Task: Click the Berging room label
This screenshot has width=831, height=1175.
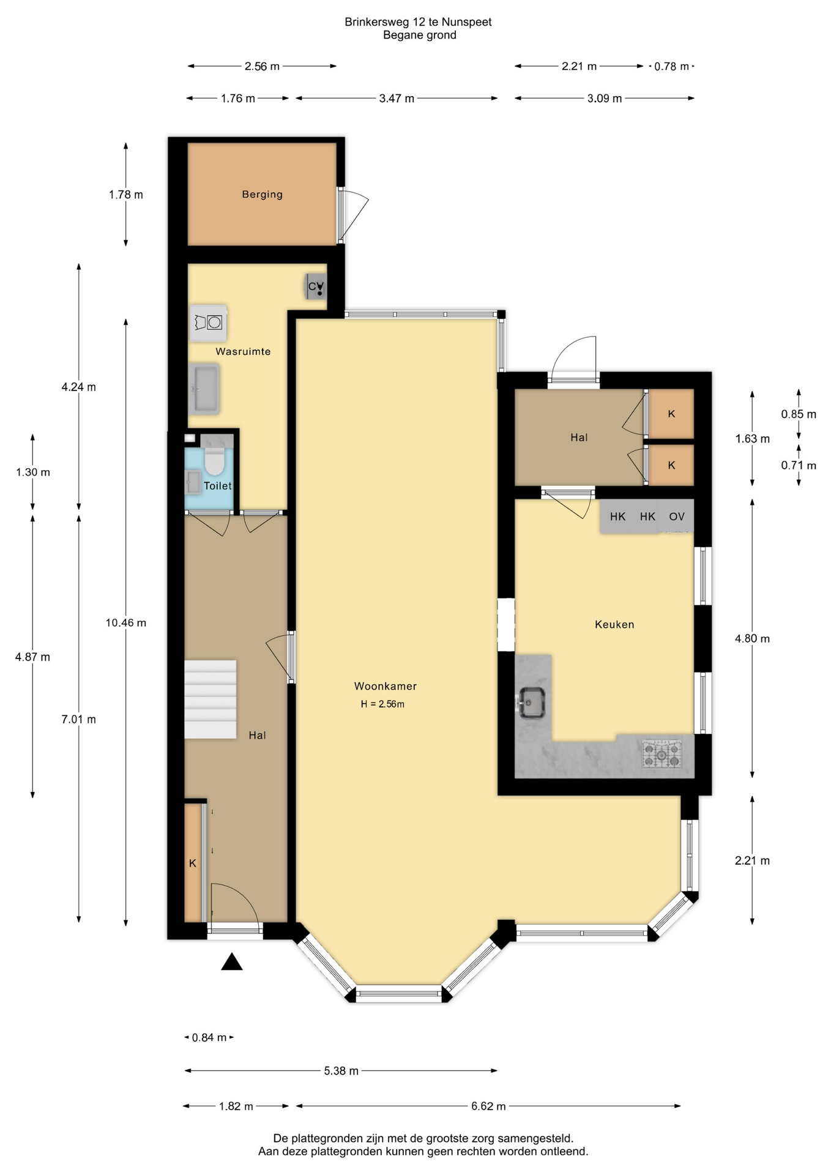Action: [262, 194]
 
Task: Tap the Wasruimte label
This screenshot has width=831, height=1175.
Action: [243, 351]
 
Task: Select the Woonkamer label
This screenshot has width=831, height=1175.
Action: [385, 686]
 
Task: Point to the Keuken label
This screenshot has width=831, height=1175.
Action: [614, 624]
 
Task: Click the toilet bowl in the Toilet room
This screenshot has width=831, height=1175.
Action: [214, 461]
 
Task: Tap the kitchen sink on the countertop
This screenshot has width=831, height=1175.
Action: [532, 701]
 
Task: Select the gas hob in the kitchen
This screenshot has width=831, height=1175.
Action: [661, 754]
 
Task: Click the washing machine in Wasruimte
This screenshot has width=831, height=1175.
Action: [209, 323]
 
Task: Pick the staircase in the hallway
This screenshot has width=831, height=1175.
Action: [210, 699]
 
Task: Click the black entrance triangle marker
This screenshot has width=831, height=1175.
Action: [232, 961]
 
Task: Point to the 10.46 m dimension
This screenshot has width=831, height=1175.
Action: [126, 622]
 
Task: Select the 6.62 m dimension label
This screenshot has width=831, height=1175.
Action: [488, 1106]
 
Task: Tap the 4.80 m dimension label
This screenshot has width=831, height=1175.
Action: [752, 638]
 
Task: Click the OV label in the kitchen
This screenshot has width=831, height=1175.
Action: [677, 517]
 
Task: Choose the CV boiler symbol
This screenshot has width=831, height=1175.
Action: [316, 286]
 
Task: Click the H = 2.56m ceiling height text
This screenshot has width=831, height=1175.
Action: [382, 704]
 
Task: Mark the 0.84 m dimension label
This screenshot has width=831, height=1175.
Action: [209, 1037]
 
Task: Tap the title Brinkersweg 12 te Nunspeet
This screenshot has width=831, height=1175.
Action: [418, 21]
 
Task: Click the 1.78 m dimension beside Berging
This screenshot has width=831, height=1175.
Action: [126, 195]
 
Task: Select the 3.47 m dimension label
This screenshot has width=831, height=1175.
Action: [397, 98]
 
